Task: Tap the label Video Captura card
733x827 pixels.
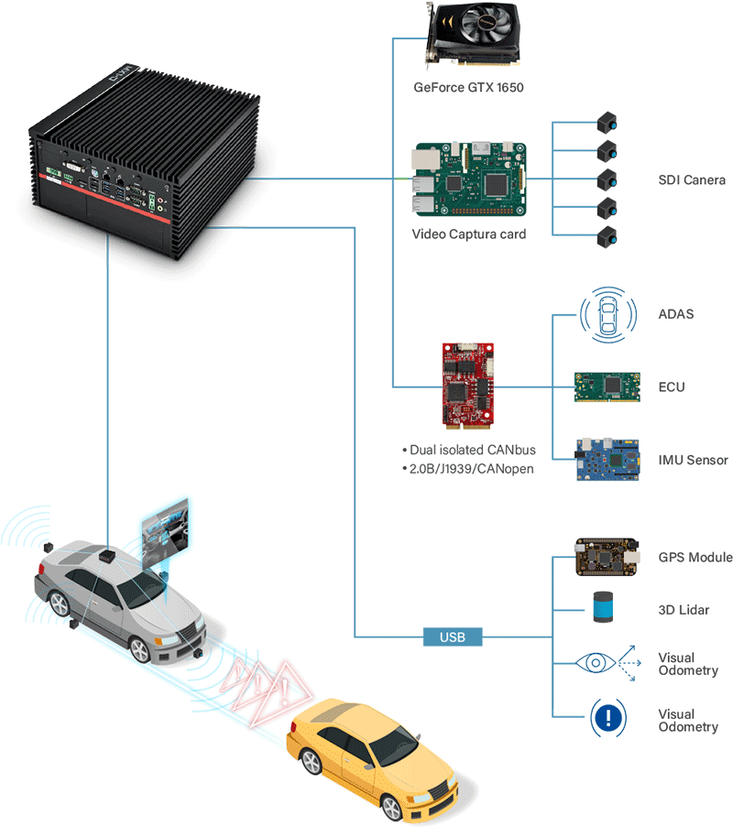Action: [x=468, y=234]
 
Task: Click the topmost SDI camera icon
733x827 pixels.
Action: [x=606, y=122]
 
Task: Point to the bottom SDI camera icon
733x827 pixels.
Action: [x=606, y=237]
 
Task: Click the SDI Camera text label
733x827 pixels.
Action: [x=692, y=180]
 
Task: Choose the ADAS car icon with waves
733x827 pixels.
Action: [x=606, y=316]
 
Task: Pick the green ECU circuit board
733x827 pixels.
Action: [x=606, y=386]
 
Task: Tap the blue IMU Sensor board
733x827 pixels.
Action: [x=606, y=460]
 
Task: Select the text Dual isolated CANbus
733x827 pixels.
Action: [x=468, y=450]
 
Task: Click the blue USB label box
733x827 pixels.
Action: [x=453, y=637]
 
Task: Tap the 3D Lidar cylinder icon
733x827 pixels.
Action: [x=603, y=608]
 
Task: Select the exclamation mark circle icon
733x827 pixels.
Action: [x=605, y=717]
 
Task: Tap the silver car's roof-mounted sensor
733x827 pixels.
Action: [x=109, y=555]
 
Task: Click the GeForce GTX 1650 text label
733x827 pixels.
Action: [x=468, y=88]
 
